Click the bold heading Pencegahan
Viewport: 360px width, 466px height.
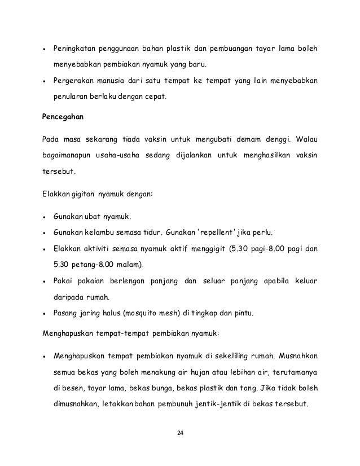[63, 117]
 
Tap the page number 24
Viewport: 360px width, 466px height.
[181, 433]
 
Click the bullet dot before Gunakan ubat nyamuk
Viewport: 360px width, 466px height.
[45, 217]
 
